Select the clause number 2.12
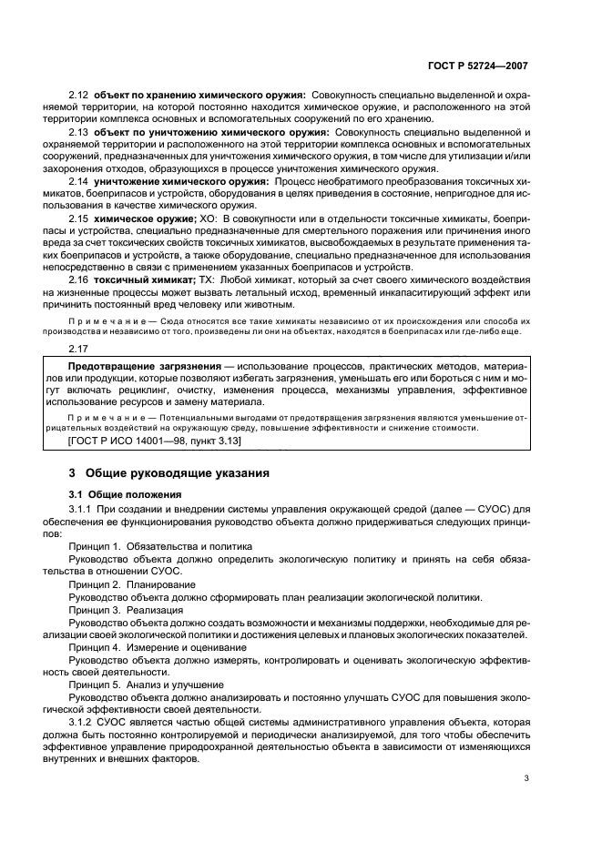79,96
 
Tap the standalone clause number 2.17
79,348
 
